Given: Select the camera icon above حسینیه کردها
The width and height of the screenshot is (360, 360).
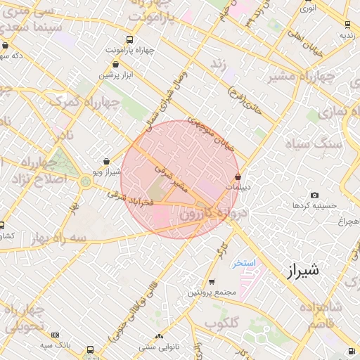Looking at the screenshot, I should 314,195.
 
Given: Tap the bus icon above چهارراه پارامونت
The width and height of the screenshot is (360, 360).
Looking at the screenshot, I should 127,39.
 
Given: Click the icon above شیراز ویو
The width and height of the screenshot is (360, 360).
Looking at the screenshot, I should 105,161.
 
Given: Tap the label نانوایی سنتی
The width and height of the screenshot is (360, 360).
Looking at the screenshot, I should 159,347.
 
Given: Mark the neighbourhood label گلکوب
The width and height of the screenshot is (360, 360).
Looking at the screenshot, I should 220,323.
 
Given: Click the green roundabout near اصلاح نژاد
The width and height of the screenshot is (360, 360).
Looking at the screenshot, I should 86,183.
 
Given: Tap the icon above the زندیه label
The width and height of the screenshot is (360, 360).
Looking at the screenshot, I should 346,24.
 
